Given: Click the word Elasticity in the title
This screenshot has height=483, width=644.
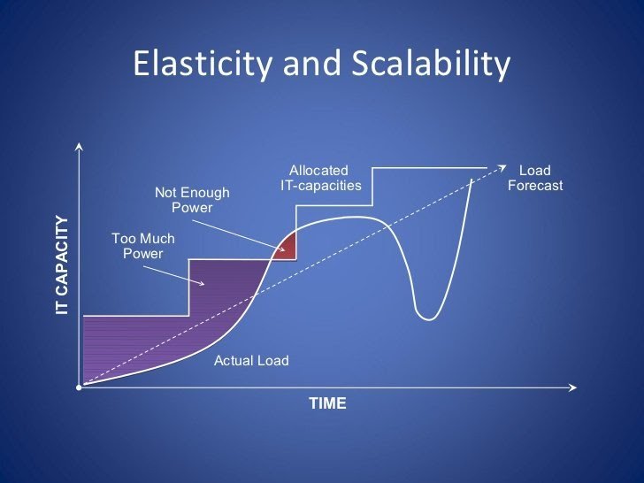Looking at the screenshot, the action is [203, 65].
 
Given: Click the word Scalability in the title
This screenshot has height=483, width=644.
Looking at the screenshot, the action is [431, 65].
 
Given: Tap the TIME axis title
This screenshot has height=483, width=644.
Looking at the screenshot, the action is [327, 403].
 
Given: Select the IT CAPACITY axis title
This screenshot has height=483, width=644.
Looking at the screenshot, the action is [62, 265].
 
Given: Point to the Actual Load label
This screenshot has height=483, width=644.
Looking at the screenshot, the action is [251, 361].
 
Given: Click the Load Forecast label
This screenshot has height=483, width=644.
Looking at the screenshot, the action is [535, 178].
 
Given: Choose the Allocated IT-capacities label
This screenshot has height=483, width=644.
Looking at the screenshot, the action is [321, 178].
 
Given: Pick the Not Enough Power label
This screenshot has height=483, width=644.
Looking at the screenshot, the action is [192, 200].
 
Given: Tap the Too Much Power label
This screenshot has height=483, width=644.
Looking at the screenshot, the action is [143, 246].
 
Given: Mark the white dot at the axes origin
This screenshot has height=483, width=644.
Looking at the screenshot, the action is [79, 387].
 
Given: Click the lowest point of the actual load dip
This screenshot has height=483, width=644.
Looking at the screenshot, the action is [429, 319].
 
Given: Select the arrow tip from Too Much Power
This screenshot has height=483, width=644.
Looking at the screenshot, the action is [203, 284].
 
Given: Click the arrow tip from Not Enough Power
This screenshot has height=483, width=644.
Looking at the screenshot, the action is [284, 250].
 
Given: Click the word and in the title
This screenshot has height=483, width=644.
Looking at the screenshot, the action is [311, 65].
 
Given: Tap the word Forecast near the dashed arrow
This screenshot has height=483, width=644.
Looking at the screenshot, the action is [535, 186].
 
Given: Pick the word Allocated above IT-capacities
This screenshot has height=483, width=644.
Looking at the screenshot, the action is [318, 171].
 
